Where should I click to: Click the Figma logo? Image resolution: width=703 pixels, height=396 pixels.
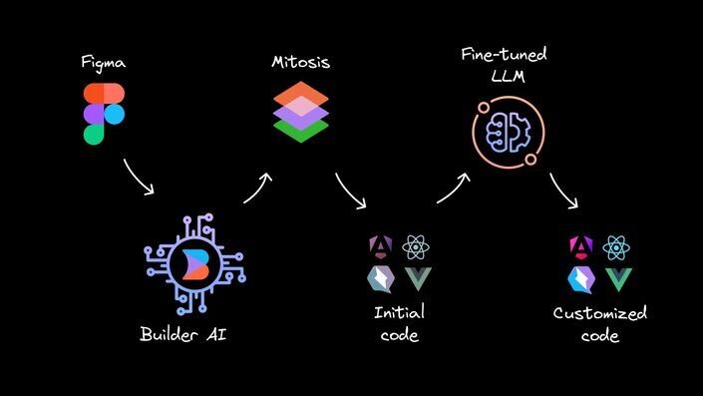104,114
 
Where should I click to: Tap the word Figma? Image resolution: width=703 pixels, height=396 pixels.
105,62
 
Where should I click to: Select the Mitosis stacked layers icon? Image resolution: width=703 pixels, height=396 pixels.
301,113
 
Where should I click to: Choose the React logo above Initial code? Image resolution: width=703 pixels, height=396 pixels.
415,246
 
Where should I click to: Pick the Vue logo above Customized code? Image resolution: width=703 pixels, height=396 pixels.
618,278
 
